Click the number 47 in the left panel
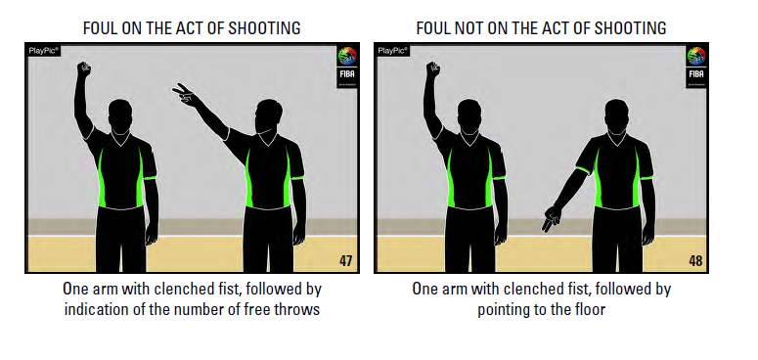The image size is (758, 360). click(x=345, y=261)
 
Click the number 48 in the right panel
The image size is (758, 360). click(x=695, y=261)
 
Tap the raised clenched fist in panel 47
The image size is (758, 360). click(x=84, y=69)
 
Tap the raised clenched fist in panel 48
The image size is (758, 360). click(x=433, y=69)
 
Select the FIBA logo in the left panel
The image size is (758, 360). click(x=347, y=67)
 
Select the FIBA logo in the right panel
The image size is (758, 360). click(x=696, y=67)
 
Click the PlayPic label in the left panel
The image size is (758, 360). click(x=43, y=50)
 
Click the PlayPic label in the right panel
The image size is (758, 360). click(x=392, y=50)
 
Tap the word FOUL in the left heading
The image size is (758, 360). click(x=100, y=28)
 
